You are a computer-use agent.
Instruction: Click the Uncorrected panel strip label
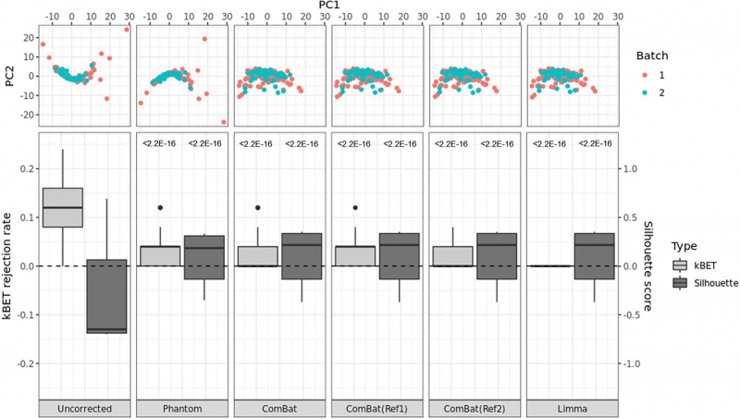pyautogui.click(x=83, y=409)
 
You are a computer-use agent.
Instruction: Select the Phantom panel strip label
pyautogui.click(x=180, y=409)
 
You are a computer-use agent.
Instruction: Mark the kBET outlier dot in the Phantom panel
pyautogui.click(x=160, y=207)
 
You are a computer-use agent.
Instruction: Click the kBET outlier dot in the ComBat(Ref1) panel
pyautogui.click(x=355, y=207)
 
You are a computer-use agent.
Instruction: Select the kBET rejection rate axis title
pyautogui.click(x=9, y=266)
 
